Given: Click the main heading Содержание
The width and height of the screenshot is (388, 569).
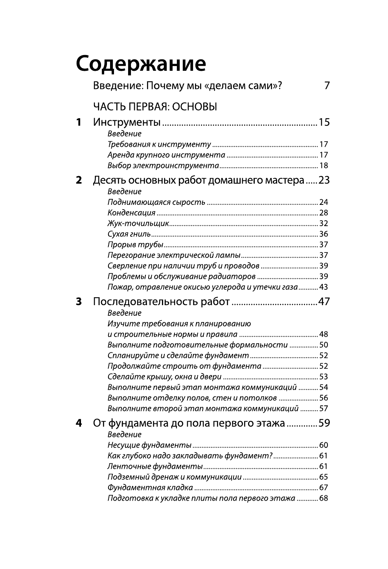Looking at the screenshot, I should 141,64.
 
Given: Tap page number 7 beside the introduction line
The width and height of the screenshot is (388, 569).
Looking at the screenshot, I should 327,86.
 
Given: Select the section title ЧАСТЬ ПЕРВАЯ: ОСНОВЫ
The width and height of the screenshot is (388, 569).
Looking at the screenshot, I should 155,107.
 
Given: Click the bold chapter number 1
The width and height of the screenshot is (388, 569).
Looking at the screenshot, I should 79,122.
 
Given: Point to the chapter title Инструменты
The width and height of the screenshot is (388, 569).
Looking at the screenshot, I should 127,123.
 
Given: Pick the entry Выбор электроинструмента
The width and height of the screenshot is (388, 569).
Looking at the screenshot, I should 163,166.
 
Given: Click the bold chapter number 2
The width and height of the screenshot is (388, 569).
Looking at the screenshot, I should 79,180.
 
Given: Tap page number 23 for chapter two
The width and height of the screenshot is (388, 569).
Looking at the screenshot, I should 324,180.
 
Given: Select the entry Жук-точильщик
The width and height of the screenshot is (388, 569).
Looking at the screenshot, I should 138,223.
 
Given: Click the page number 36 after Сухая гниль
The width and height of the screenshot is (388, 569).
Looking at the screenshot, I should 324,234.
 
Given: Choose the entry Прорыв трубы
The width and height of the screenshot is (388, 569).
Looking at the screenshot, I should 135,245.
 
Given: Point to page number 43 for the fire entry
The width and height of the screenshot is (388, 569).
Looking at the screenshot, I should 324,287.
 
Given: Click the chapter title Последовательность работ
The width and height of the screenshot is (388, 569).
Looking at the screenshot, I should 161,302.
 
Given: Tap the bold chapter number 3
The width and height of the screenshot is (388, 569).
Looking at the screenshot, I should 79,302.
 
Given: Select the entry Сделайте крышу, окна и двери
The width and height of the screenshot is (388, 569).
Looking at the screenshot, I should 165,377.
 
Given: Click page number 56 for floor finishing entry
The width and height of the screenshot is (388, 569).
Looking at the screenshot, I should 324,398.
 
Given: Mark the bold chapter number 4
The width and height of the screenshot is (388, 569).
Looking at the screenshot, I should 79,424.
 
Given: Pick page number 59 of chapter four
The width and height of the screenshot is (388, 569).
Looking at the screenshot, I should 324,424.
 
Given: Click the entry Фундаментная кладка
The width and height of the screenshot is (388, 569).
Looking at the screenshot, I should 150,488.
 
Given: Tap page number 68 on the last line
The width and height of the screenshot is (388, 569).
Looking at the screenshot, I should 324,498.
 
